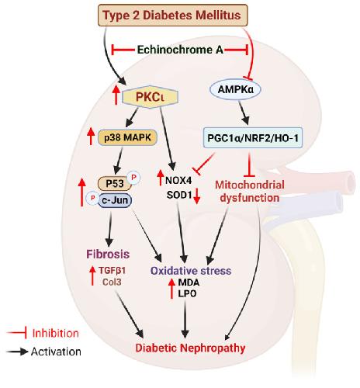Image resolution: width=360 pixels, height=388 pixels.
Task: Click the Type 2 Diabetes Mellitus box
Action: [173, 15]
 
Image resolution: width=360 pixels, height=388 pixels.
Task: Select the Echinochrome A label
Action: [180, 50]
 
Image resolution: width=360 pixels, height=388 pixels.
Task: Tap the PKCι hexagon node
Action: [151, 97]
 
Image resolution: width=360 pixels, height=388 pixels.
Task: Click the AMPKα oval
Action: [235, 89]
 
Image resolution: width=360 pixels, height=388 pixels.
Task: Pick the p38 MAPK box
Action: [127, 137]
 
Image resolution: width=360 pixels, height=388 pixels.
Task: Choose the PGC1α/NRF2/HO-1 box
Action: [253, 137]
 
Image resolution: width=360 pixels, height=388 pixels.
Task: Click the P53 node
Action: [115, 183]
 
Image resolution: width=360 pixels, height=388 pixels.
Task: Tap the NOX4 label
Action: [178, 180]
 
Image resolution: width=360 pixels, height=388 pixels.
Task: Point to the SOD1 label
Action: [179, 195]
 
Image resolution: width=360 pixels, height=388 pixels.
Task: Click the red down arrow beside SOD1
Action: [196, 196]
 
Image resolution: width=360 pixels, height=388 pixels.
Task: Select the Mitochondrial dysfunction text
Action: [250, 192]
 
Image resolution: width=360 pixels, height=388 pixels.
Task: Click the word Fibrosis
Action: [108, 254]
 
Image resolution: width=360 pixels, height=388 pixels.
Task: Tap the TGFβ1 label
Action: [112, 271]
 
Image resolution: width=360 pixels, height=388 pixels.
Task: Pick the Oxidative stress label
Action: [191, 271]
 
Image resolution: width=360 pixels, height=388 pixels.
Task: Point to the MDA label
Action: [189, 282]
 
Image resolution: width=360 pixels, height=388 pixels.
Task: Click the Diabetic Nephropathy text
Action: [190, 348]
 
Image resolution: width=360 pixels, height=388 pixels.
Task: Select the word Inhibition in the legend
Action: [55, 333]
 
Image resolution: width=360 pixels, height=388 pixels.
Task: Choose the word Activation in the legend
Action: [56, 352]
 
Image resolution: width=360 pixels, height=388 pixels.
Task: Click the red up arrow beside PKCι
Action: [116, 95]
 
